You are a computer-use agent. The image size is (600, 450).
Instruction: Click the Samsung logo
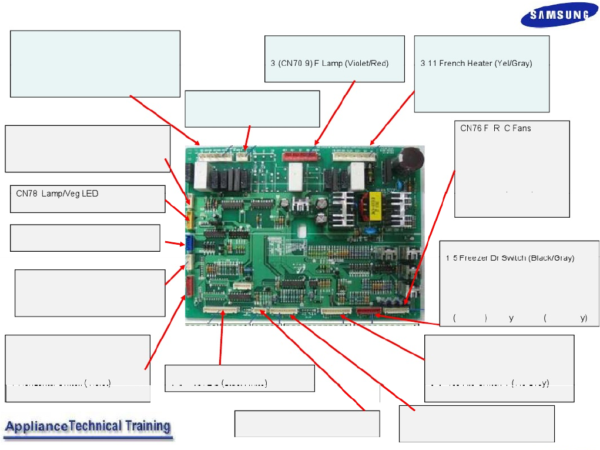559,16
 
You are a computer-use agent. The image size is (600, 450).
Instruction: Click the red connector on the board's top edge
300,156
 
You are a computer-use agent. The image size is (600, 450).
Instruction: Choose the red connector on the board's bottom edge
368,312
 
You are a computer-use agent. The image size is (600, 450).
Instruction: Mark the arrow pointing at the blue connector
173,242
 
